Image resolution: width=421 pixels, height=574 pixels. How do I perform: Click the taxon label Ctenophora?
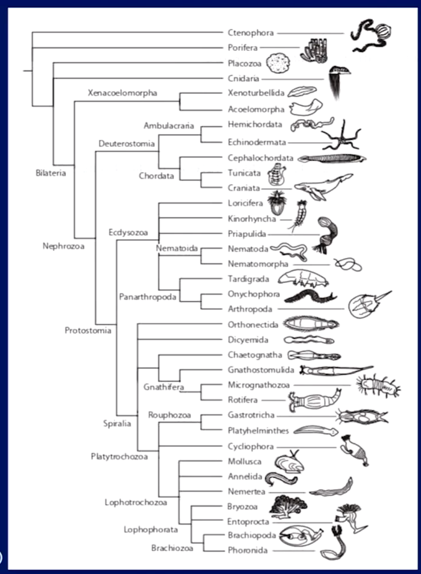coord(251,33)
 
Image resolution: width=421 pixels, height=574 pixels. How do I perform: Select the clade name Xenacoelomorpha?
coord(122,93)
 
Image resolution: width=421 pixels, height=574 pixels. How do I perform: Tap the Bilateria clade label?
coord(51,173)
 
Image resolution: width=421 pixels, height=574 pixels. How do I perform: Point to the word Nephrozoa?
coord(63,246)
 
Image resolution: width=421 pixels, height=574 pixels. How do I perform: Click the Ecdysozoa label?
coord(128,232)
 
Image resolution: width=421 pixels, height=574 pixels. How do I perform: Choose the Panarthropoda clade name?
coord(148,297)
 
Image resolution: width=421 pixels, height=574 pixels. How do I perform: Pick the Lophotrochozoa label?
coord(136,503)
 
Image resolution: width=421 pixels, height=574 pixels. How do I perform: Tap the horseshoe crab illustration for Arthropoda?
coord(368,305)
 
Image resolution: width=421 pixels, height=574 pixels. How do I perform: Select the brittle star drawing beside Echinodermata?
coord(341,136)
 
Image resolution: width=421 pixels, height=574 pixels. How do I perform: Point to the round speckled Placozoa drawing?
coord(278,63)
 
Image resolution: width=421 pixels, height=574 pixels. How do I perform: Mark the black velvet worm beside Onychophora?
coord(310,297)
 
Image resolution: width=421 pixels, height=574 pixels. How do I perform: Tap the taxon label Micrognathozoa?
coord(259,385)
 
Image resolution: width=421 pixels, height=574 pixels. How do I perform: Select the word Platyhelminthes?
coord(258,431)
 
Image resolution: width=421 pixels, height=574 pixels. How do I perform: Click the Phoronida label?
coord(248,550)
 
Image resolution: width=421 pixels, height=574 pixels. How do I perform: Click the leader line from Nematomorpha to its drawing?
coord(311,265)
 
